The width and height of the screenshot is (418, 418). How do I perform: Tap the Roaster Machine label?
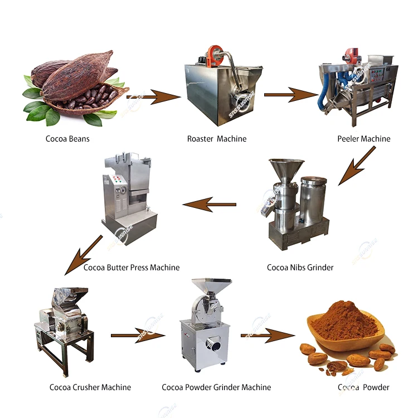pyautogui.click(x=217, y=139)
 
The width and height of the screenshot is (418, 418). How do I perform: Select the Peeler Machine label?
pyautogui.click(x=364, y=139)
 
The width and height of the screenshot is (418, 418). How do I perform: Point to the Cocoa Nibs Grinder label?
pyautogui.click(x=300, y=268)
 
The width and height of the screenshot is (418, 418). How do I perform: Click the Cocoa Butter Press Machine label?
pyautogui.click(x=132, y=268)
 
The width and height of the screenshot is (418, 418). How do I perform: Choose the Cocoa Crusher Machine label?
pyautogui.click(x=90, y=387)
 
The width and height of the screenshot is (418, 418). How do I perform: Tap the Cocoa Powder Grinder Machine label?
pyautogui.click(x=216, y=387)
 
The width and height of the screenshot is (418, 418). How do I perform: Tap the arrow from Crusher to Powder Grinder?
pyautogui.click(x=138, y=336)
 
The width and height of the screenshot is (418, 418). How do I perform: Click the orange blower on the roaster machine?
pyautogui.click(x=212, y=55)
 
